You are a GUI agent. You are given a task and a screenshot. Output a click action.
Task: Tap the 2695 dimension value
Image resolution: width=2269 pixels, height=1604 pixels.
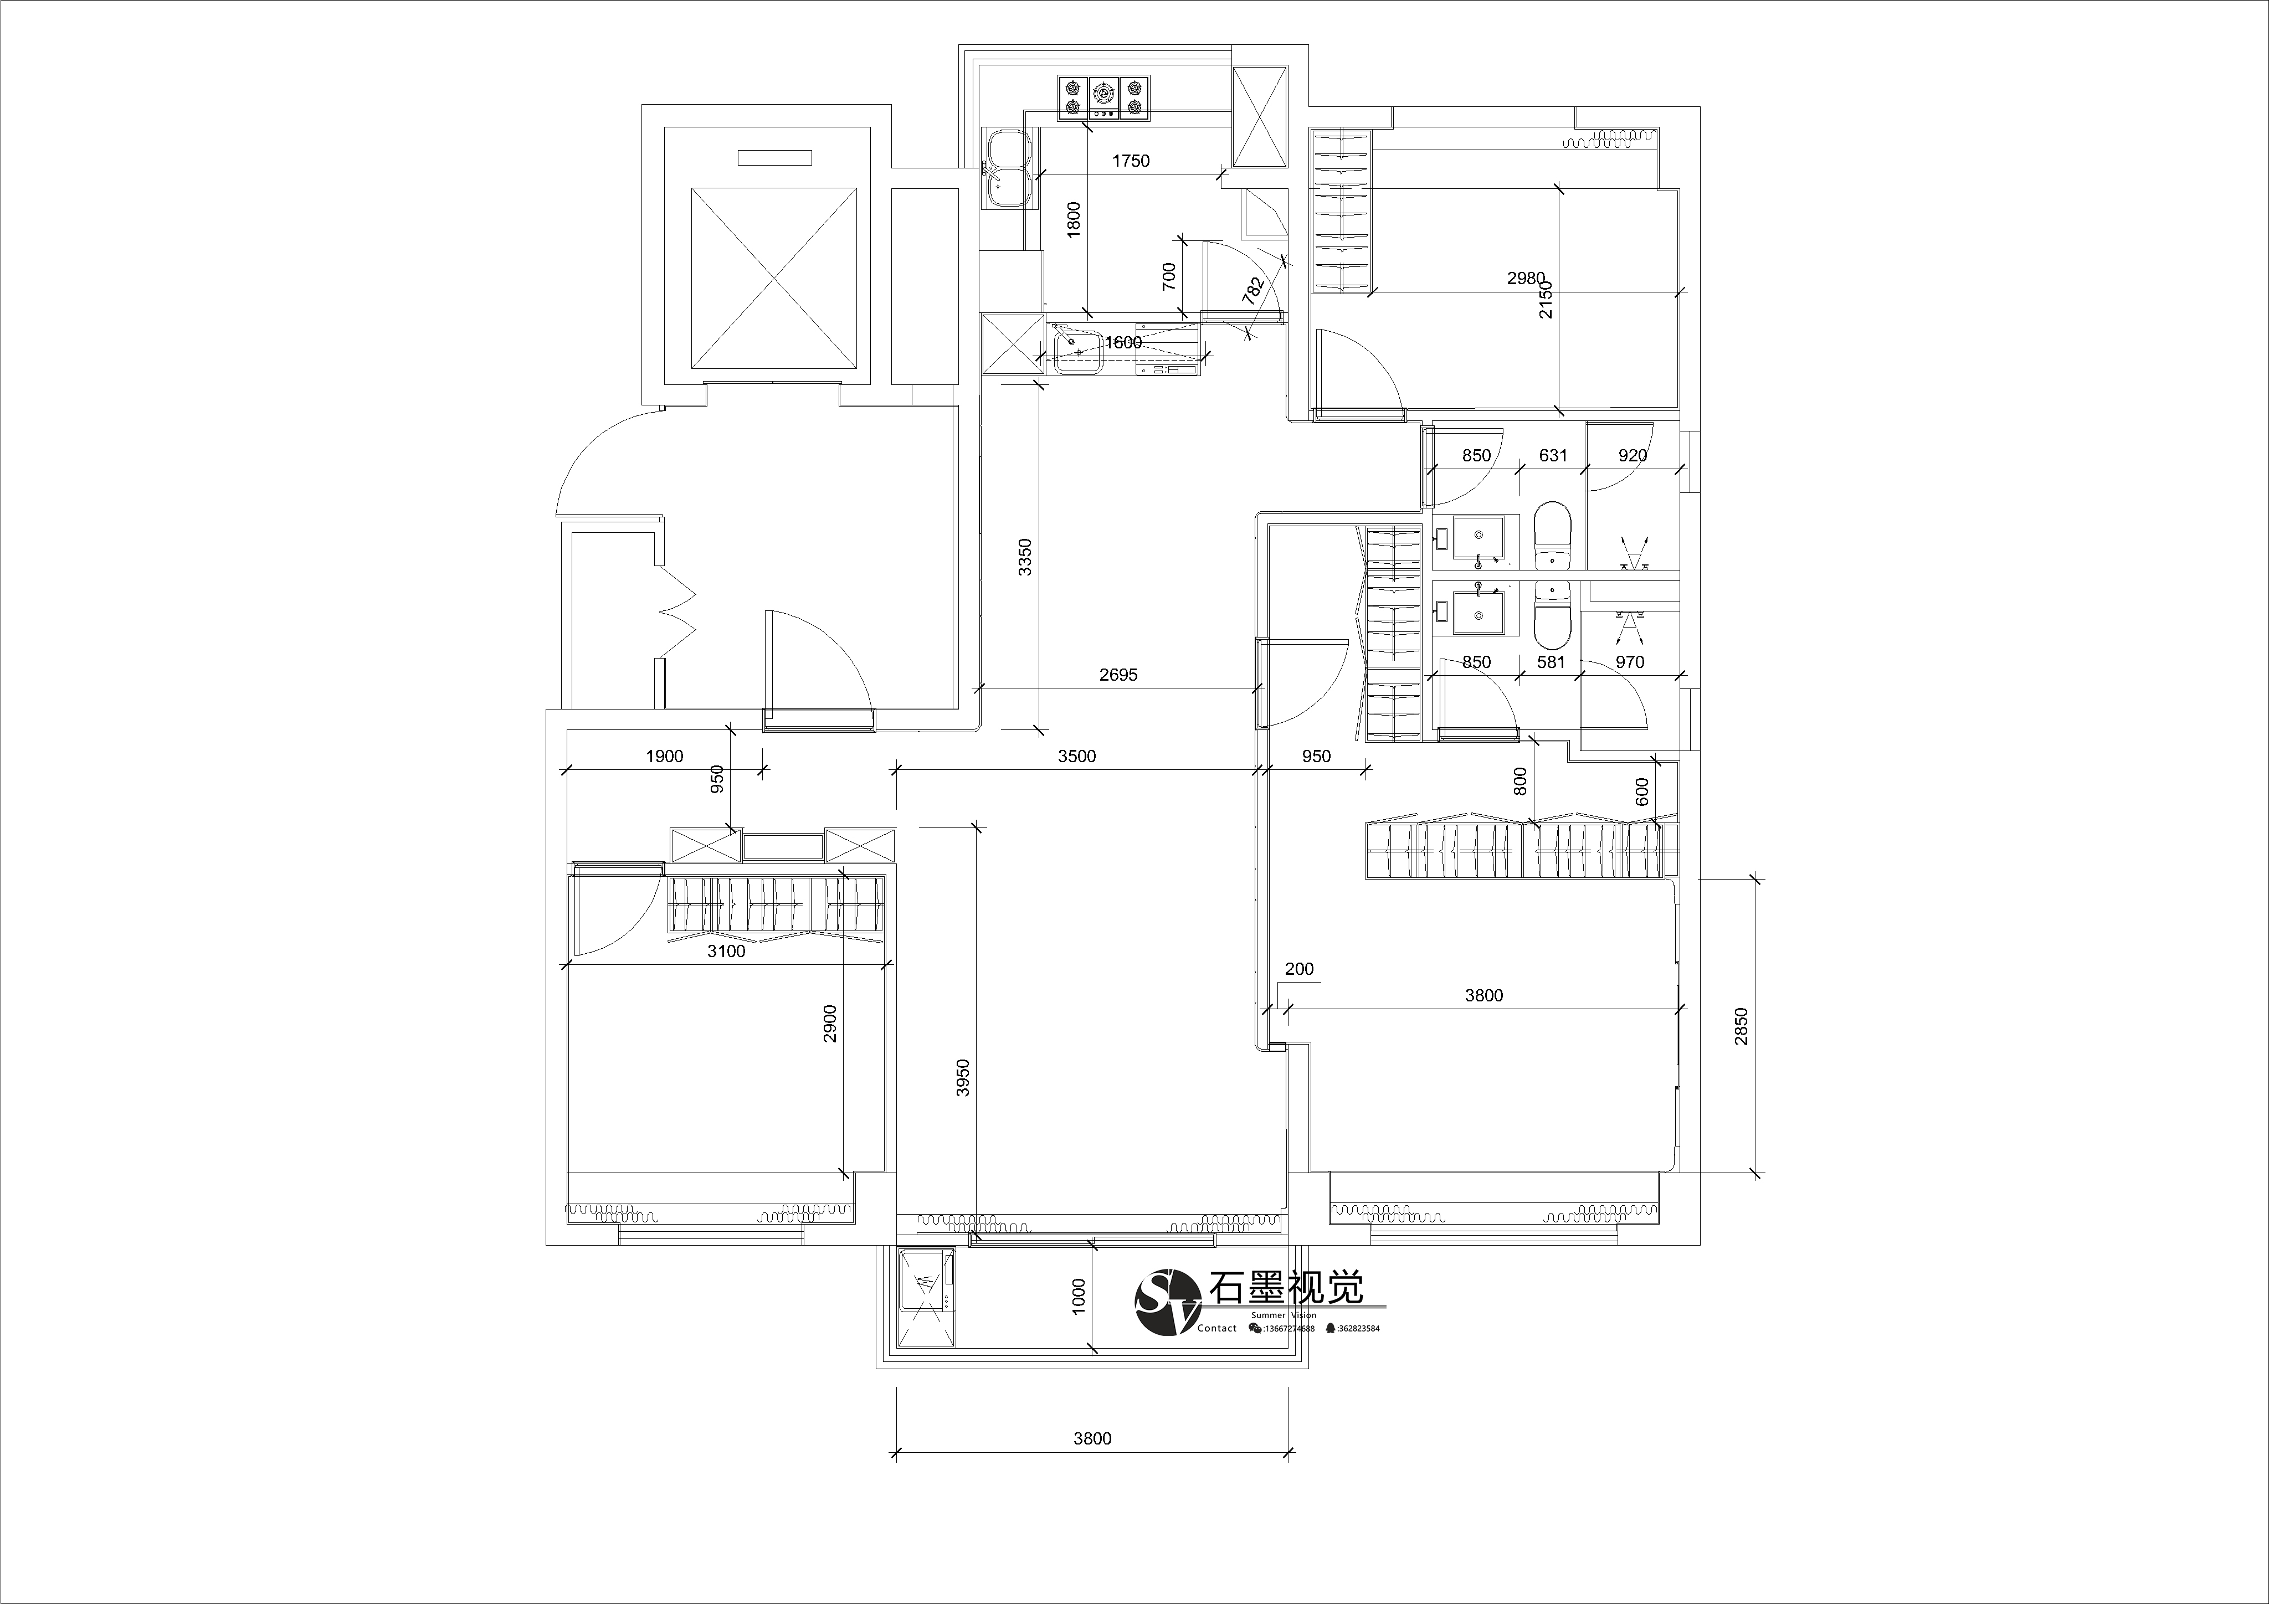(x=1118, y=675)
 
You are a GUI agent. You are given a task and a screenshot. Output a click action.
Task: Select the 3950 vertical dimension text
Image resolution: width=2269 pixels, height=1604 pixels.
(x=963, y=1078)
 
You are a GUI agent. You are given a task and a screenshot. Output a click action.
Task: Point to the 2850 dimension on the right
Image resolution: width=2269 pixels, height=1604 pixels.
(x=1741, y=1026)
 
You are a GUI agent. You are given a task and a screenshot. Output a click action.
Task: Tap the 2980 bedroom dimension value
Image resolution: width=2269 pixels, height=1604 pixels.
(x=1526, y=279)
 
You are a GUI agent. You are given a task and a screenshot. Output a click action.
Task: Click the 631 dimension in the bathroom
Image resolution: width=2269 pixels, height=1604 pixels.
(x=1553, y=456)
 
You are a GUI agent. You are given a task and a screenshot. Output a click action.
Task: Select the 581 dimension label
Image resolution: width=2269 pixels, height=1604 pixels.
(x=1552, y=662)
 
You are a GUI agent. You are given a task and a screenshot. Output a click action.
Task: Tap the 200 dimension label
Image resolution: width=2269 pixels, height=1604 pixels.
(x=1300, y=969)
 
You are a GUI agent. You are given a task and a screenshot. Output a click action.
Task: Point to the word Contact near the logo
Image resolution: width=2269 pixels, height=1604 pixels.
(x=1216, y=1328)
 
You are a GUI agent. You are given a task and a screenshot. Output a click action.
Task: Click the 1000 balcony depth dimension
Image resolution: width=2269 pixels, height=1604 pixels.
(x=1078, y=1295)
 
